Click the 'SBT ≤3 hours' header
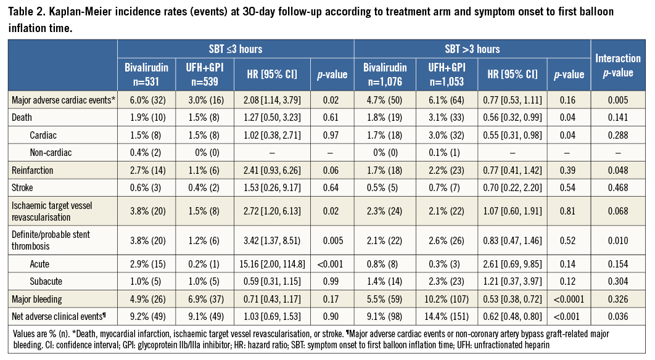(236, 49)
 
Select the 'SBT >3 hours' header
(472, 49)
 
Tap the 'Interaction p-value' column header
(617, 65)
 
